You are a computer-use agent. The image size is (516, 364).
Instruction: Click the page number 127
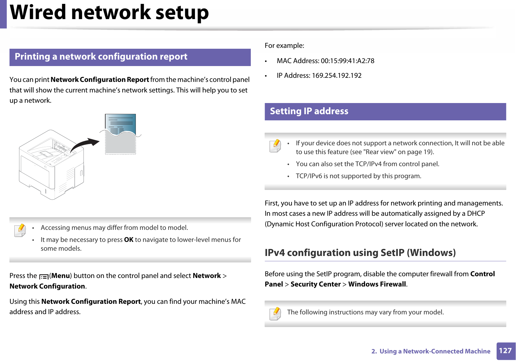pyautogui.click(x=505, y=350)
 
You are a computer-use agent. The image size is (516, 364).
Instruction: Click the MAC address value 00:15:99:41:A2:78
pyautogui.click(x=348, y=61)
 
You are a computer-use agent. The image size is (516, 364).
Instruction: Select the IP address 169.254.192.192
pyautogui.click(x=337, y=75)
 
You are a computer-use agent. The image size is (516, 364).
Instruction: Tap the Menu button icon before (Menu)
pyautogui.click(x=44, y=277)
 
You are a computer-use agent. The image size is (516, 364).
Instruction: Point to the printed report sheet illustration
pyautogui.click(x=121, y=134)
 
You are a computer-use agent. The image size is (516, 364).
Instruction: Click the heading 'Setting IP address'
pyautogui.click(x=309, y=111)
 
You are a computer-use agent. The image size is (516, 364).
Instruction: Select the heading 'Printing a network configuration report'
pyautogui.click(x=101, y=57)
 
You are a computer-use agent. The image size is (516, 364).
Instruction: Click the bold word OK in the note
pyautogui.click(x=128, y=240)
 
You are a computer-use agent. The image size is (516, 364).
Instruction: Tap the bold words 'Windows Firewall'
pyautogui.click(x=377, y=284)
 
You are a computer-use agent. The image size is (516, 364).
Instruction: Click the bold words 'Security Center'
pyautogui.click(x=315, y=284)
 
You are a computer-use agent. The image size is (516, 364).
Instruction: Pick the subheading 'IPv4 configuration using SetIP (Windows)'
pyautogui.click(x=360, y=252)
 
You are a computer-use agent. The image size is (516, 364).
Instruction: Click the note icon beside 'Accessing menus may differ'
pyautogui.click(x=20, y=230)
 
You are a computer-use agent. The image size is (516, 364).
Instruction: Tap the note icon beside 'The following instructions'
pyautogui.click(x=275, y=314)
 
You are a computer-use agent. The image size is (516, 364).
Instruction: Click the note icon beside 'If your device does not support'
pyautogui.click(x=275, y=146)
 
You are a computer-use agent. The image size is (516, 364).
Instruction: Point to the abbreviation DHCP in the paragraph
pyautogui.click(x=476, y=213)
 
